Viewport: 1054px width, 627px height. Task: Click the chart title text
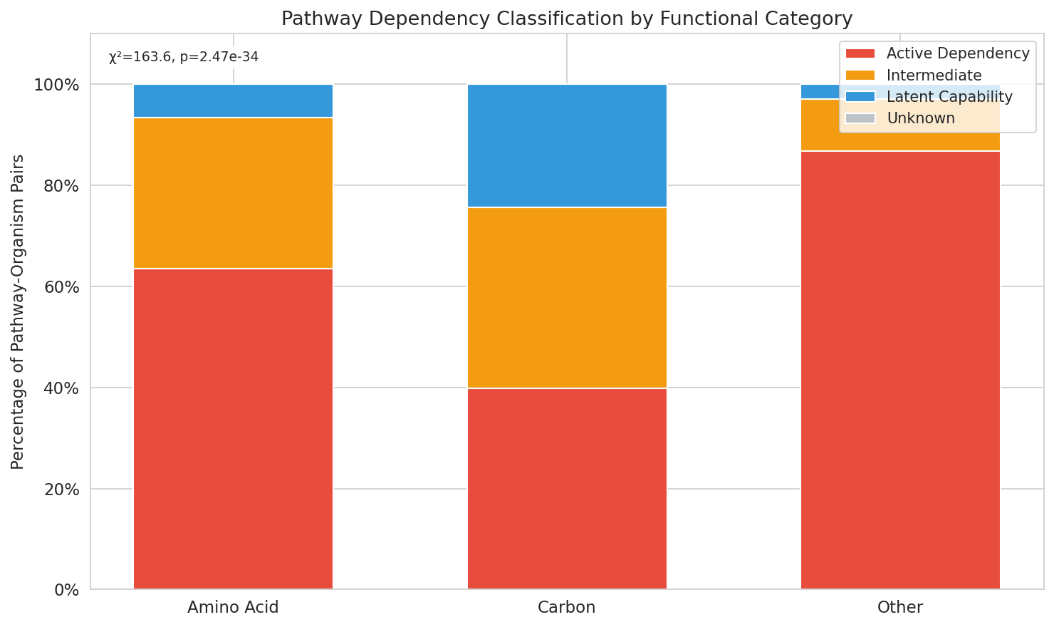[x=567, y=19]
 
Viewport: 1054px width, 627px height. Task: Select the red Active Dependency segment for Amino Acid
[x=233, y=428]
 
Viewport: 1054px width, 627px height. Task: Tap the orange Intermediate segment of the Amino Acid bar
[x=233, y=193]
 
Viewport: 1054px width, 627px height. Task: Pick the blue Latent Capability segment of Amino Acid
[x=233, y=100]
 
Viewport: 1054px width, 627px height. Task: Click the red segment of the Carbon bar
[x=567, y=488]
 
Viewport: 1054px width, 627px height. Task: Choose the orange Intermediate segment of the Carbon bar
[x=567, y=297]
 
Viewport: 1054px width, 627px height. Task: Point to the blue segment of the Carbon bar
[x=567, y=145]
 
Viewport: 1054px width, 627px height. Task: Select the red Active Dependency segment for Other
[x=900, y=370]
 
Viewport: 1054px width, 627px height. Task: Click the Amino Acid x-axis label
[x=233, y=608]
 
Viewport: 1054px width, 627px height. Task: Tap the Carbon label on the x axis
[x=567, y=608]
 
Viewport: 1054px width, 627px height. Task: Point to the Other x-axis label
[x=900, y=608]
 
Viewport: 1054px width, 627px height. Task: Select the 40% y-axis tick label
[x=60, y=388]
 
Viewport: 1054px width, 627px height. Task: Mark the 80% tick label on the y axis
[x=60, y=186]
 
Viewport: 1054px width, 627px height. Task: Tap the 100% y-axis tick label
[x=56, y=85]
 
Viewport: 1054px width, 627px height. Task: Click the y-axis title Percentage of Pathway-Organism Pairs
[x=18, y=311]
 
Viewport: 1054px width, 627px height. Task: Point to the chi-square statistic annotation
[x=184, y=57]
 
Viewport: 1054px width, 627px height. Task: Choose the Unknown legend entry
[x=920, y=118]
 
